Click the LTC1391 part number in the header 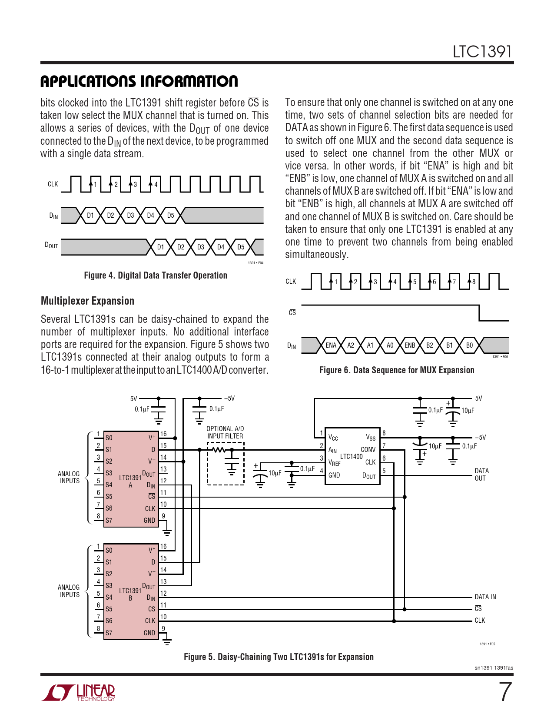(x=482, y=52)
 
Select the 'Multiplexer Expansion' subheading (x=87, y=301)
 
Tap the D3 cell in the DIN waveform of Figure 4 (x=130, y=216)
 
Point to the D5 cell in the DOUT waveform (x=241, y=247)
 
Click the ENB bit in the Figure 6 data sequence (x=410, y=345)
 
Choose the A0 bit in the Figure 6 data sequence (x=390, y=345)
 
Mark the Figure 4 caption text (x=156, y=276)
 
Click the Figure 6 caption (x=397, y=370)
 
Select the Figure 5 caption (x=279, y=657)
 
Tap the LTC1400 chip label (x=351, y=456)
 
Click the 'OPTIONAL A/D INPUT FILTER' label (x=225, y=432)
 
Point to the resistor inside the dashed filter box (x=219, y=450)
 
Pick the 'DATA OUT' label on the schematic (x=481, y=475)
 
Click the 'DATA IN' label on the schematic (x=485, y=597)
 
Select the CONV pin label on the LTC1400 (x=368, y=450)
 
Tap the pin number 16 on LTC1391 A (x=163, y=434)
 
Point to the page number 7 (x=505, y=692)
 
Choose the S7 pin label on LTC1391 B (x=109, y=633)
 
